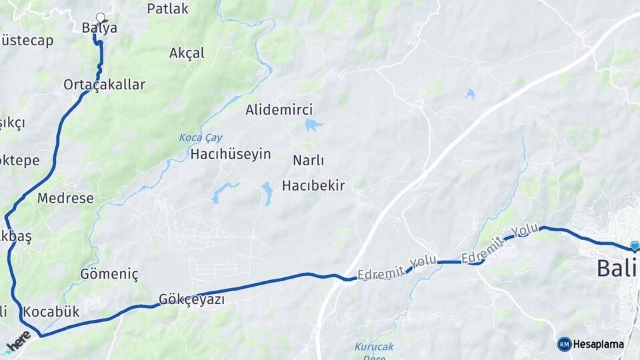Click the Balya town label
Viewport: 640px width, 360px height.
99,28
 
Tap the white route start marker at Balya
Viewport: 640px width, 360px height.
101,18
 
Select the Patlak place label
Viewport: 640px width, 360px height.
167,9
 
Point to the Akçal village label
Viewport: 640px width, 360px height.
187,53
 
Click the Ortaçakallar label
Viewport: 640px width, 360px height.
104,85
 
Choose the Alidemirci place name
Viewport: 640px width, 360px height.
279,109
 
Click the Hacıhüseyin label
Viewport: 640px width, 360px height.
231,154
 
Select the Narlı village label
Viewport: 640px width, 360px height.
308,161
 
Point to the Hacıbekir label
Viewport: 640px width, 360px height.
313,185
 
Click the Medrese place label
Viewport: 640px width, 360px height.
65,198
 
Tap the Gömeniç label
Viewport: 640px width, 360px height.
109,274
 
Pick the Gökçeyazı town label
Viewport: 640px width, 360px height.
191,299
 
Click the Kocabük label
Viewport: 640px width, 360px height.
51,311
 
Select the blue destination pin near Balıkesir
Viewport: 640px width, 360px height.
634,246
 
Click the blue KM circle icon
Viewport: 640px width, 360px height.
564,344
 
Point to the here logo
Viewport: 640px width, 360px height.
19,341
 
